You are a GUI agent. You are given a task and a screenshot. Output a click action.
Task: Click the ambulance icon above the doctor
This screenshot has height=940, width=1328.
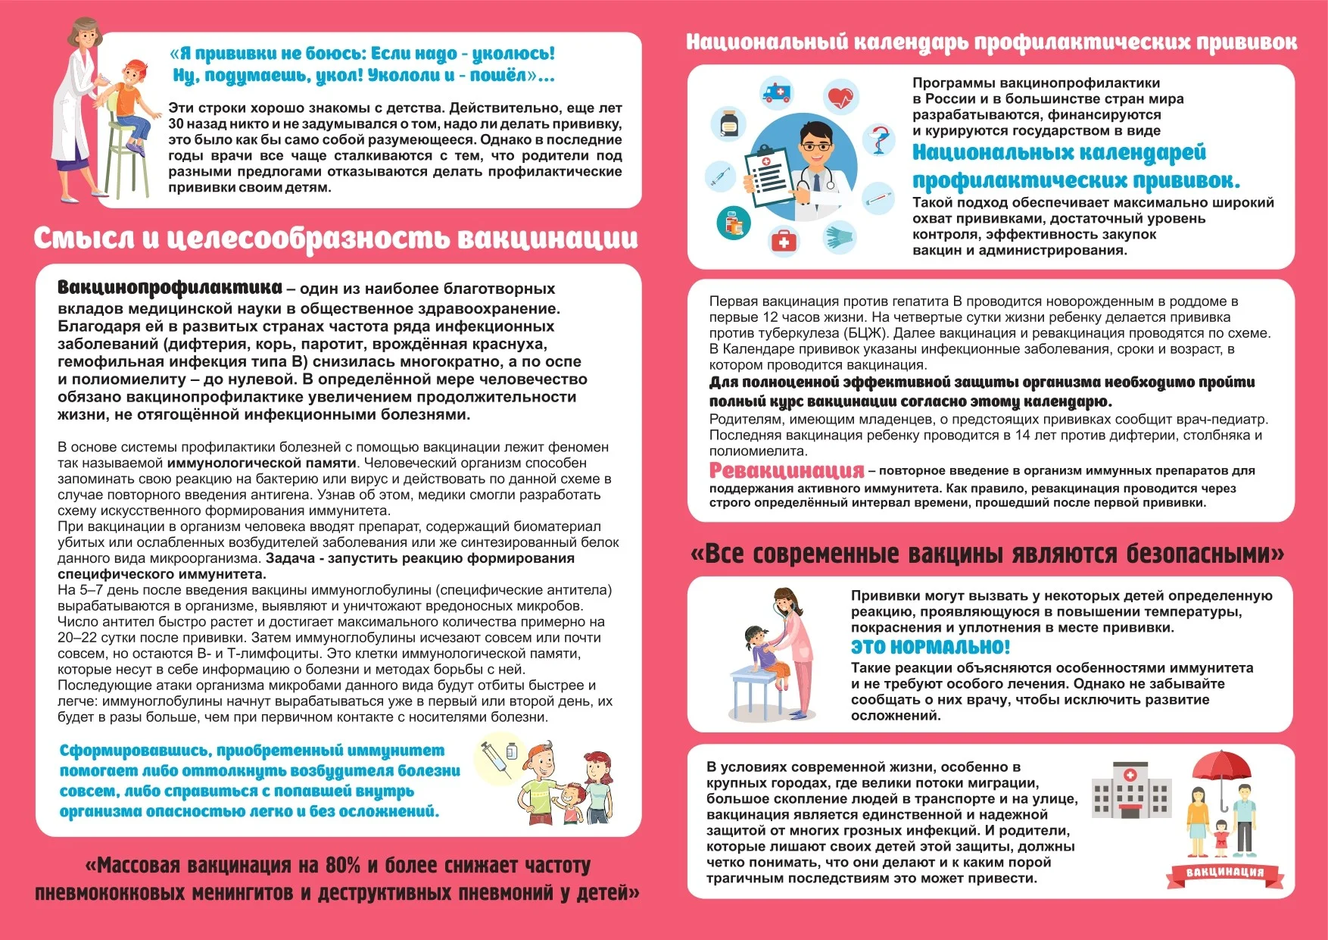coord(777,92)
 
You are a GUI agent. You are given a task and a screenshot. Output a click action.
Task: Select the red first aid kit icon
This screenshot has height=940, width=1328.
coord(784,241)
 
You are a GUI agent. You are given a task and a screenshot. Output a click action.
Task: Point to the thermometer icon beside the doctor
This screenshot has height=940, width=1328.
coord(878,198)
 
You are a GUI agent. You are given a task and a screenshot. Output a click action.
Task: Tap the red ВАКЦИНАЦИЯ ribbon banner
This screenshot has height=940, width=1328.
coord(1224,873)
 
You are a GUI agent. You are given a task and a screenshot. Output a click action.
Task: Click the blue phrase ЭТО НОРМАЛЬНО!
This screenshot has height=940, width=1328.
coord(930,647)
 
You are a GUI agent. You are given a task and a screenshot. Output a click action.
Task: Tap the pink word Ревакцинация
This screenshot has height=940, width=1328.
coord(786,470)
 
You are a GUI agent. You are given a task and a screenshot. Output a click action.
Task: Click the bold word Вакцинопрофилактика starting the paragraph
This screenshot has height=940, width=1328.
coord(170,288)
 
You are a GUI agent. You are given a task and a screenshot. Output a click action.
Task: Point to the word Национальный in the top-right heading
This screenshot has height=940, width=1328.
coord(766,42)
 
